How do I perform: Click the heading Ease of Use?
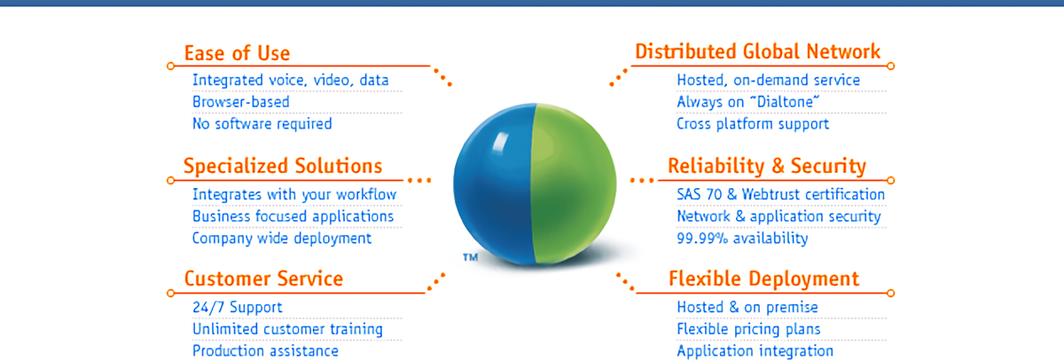[237, 53]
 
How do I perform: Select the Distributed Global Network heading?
[757, 51]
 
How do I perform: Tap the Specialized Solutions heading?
[283, 167]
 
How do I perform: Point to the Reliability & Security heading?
[767, 166]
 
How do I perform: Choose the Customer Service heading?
[263, 278]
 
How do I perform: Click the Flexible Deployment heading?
[763, 279]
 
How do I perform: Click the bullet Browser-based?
[241, 102]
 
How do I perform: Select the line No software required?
[262, 123]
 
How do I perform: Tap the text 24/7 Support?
[238, 308]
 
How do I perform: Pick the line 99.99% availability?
[742, 238]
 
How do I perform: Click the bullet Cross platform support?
[753, 124]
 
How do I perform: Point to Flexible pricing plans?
[748, 329]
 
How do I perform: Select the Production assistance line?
[265, 351]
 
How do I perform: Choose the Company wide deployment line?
[282, 239]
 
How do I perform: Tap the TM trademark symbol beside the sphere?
[470, 257]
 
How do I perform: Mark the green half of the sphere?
[574, 184]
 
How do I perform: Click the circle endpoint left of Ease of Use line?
[171, 66]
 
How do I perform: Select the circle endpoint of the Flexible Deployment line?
[890, 293]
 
